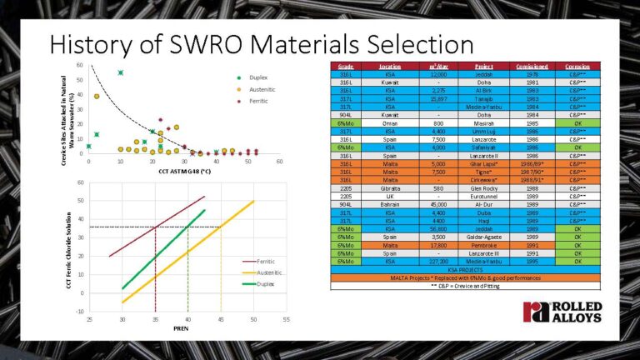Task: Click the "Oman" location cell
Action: tap(388, 122)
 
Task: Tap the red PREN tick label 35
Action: tap(155, 318)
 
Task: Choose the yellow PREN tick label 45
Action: tap(221, 318)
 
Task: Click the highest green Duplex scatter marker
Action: tap(121, 72)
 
